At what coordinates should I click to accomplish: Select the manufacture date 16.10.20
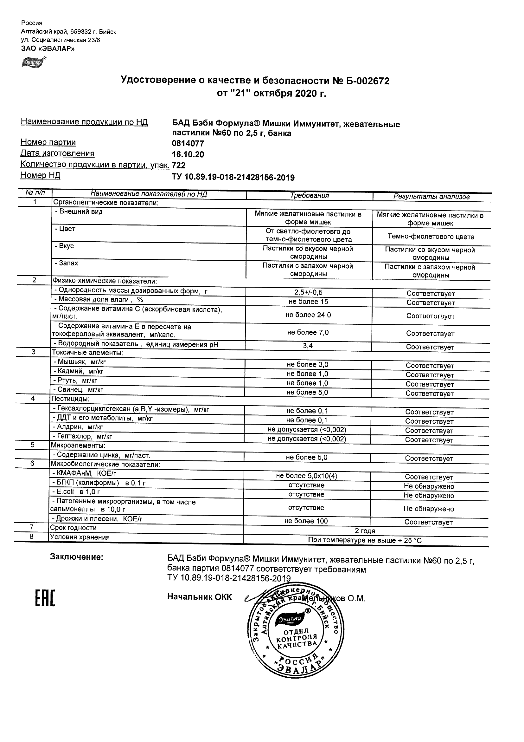tap(188, 154)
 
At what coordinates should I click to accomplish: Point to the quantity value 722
tap(179, 166)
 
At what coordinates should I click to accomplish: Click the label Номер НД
tap(40, 175)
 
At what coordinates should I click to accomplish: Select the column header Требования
tap(309, 196)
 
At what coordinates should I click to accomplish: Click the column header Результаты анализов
tap(431, 197)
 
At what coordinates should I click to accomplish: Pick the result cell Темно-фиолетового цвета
tap(431, 237)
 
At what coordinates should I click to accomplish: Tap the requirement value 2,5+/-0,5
tap(308, 292)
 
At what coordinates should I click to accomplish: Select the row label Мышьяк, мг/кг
tap(80, 362)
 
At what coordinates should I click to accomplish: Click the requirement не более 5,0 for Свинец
tap(307, 392)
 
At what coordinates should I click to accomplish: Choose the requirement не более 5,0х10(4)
tap(306, 476)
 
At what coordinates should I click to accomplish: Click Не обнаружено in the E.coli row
tap(429, 495)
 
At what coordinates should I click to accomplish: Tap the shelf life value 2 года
tap(365, 530)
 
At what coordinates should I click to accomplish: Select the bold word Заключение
tap(77, 557)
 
